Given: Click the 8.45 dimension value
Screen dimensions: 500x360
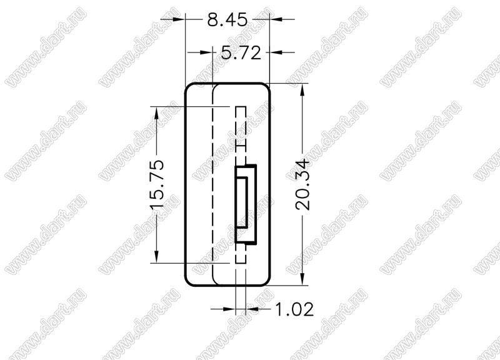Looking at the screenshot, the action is coord(227,20).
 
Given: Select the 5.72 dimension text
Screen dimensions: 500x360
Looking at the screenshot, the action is coord(241,53).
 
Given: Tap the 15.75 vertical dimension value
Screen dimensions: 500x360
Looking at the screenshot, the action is coord(157,184).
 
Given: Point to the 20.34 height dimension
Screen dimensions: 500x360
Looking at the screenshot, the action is coord(302,184).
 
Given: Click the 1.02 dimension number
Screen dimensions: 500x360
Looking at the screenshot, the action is coord(294,309).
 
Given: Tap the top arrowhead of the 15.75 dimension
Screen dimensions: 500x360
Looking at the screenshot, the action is coord(156,112).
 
